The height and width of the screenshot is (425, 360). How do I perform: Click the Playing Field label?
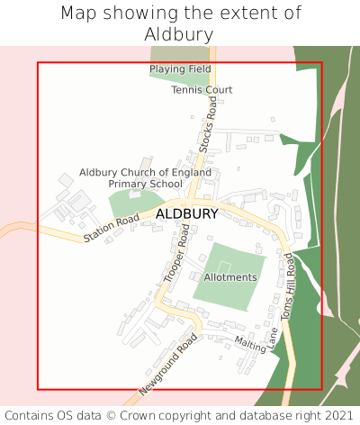click(x=180, y=69)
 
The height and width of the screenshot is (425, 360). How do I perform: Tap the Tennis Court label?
click(x=202, y=90)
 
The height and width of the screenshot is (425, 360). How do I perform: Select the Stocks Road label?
click(x=209, y=126)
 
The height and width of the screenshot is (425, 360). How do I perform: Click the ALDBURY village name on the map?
click(x=186, y=214)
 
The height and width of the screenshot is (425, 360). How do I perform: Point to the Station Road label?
click(x=112, y=229)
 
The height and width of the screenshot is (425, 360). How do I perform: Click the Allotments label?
click(x=230, y=277)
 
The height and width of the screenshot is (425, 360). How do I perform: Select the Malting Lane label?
click(x=256, y=342)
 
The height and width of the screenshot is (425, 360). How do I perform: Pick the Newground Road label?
click(x=167, y=366)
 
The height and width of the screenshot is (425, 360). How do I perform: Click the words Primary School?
click(x=145, y=184)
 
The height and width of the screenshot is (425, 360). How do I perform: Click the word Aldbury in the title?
click(x=179, y=34)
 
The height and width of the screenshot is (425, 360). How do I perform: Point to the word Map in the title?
click(x=77, y=14)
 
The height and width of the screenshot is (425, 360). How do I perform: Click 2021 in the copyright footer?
click(x=337, y=415)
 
